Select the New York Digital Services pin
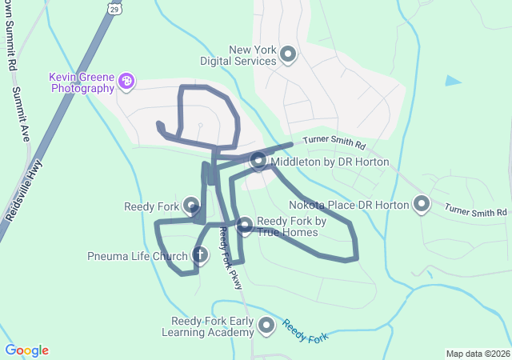coord(289,55)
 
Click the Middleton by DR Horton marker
coord(258,162)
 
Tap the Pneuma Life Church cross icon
coord(200,256)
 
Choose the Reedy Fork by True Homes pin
coord(245,226)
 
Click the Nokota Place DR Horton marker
coord(422,205)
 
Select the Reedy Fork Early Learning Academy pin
coord(266,326)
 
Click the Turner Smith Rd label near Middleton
coord(334,145)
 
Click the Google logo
coord(26,350)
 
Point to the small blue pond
coord(453,80)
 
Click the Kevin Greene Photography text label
coord(82,82)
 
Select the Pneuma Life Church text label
coord(138,257)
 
